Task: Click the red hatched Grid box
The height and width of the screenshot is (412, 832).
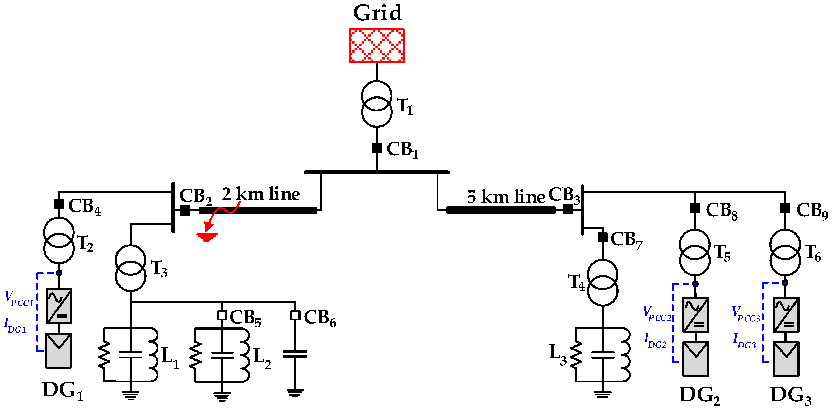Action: (x=377, y=45)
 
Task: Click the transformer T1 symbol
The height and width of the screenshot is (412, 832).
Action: (x=377, y=104)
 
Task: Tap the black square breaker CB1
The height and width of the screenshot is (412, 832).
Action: (x=377, y=148)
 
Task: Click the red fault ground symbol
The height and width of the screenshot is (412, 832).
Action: (x=207, y=237)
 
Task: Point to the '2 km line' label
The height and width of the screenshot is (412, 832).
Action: (x=260, y=194)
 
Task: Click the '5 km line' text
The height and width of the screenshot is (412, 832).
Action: (x=506, y=197)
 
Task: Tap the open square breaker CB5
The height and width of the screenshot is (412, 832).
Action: (x=222, y=315)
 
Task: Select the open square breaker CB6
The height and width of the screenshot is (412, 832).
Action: (x=295, y=315)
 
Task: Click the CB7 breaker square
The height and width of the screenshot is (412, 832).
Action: (x=603, y=237)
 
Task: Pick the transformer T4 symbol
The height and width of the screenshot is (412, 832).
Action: (x=602, y=283)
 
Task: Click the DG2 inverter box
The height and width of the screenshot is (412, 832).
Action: (x=695, y=315)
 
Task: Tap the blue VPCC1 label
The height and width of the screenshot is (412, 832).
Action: (x=19, y=298)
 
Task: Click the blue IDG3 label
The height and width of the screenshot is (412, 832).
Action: (x=744, y=341)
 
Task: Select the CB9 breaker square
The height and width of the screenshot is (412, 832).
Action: (x=785, y=208)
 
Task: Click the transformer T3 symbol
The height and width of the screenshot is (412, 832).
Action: (x=130, y=268)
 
